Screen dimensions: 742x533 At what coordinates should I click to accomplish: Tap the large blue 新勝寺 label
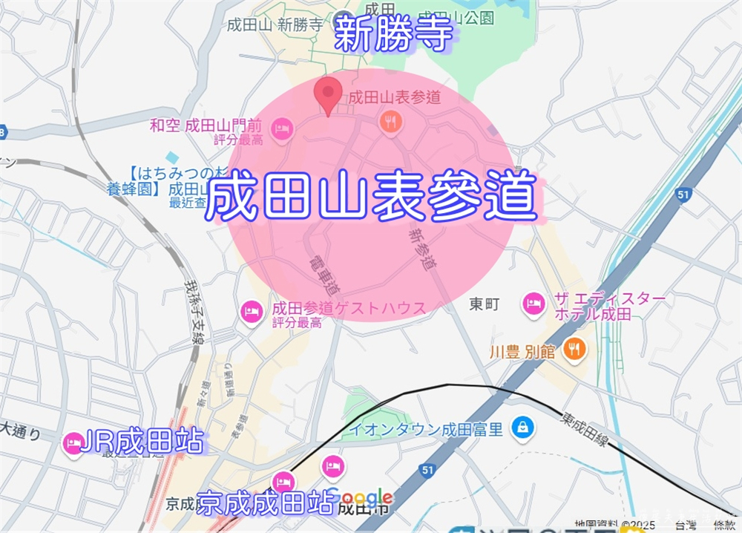click(393, 34)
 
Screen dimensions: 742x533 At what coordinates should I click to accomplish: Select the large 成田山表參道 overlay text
click(371, 195)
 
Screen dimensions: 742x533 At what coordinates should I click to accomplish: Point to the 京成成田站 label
click(265, 503)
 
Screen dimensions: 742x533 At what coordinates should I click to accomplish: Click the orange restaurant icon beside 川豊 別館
click(574, 347)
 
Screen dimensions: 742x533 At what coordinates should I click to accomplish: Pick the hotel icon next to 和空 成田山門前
click(282, 129)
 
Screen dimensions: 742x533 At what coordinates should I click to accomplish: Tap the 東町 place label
click(486, 304)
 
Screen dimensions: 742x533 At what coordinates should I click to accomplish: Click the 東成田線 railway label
click(586, 431)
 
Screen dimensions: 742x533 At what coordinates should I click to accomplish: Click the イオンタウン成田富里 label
click(427, 428)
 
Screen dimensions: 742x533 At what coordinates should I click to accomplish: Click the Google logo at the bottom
click(364, 497)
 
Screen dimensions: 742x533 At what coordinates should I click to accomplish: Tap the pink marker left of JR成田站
click(73, 443)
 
